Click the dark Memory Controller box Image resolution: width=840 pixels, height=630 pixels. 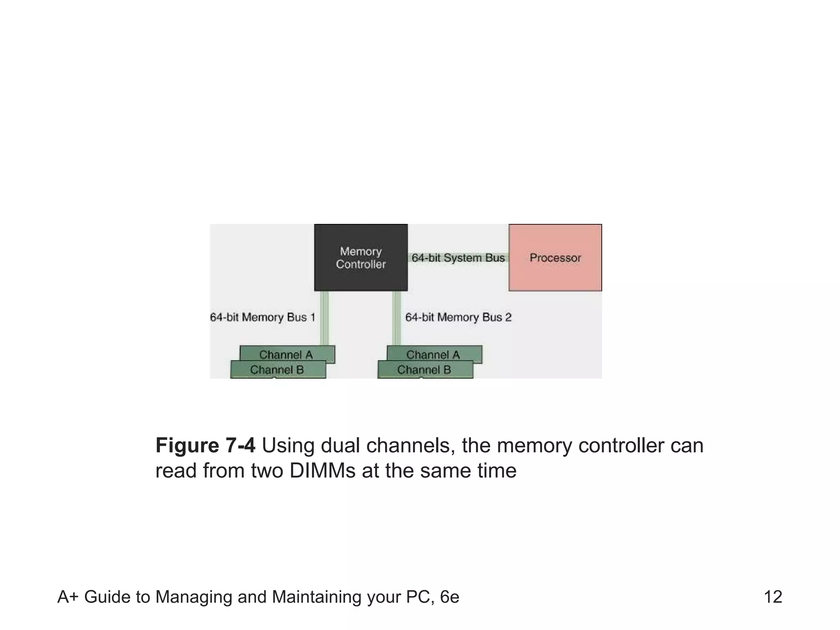click(361, 257)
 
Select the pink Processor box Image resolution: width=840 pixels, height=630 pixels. click(555, 257)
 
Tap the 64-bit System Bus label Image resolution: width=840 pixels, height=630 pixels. click(458, 258)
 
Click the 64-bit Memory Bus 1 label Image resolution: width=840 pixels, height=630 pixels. click(262, 317)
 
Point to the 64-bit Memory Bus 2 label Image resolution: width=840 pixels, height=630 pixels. click(458, 317)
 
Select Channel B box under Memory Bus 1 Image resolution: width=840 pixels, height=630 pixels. click(277, 370)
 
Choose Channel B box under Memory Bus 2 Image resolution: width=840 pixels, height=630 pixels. click(424, 370)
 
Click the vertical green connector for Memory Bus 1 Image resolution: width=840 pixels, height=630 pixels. click(324, 318)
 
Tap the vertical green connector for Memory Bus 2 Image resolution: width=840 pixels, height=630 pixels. click(396, 318)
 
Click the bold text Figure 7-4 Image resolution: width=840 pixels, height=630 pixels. click(205, 445)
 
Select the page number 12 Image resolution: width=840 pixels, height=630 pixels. click(773, 597)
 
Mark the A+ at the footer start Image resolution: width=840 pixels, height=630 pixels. click(68, 597)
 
